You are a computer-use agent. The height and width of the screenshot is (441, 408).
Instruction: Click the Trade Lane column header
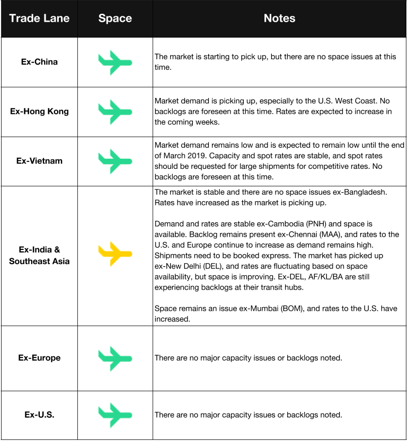click(39, 19)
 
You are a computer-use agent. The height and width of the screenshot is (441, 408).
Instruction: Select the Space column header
click(115, 19)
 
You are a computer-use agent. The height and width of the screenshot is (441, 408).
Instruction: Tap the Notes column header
click(279, 19)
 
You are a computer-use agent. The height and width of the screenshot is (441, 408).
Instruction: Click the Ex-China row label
click(39, 62)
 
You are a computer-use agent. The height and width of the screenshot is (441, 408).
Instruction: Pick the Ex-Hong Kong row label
click(39, 112)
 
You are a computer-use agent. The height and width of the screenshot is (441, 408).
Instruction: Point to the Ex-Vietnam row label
click(39, 161)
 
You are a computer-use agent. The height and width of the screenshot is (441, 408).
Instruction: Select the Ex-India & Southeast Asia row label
click(39, 255)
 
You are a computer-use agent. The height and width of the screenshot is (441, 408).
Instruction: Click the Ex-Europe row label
click(39, 358)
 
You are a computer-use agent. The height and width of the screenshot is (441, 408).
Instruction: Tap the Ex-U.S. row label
click(39, 415)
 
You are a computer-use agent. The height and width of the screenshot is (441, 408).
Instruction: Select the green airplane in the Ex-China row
click(115, 62)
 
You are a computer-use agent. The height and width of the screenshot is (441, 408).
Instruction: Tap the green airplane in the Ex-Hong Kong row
click(115, 112)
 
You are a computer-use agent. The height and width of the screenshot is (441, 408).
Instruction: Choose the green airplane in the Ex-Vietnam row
click(115, 161)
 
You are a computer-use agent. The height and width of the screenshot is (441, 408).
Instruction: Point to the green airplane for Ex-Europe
click(115, 358)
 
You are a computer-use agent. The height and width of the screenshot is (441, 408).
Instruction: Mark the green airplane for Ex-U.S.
click(115, 415)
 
